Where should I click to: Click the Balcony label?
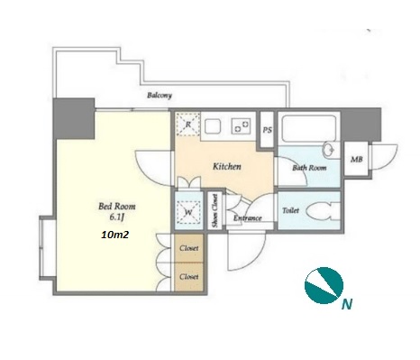point(160,96)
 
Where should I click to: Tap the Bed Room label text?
point(117,207)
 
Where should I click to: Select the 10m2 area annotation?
point(115,235)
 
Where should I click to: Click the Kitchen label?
point(227,166)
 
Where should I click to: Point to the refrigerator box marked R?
point(188,125)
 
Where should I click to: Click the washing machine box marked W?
point(188,212)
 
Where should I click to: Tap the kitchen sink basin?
point(213,126)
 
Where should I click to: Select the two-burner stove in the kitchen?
point(241,125)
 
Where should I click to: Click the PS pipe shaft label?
point(268,130)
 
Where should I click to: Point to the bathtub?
point(309,128)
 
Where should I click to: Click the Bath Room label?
point(309,168)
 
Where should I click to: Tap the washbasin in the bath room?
point(329,150)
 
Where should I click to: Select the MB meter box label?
point(357,160)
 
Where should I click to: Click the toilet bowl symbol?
point(322,211)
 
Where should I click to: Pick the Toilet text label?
point(291,210)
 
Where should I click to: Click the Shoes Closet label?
point(215,210)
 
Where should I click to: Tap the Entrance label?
point(248,218)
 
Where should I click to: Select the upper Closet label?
point(189,248)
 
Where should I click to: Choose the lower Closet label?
point(189,277)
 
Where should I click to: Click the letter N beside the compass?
point(347,304)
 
